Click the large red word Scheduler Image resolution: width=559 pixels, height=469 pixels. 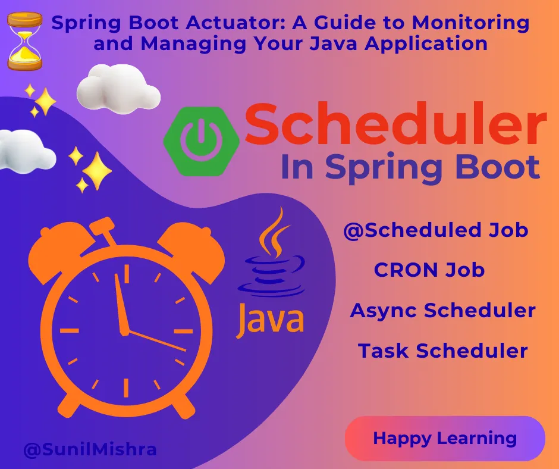tap(395, 124)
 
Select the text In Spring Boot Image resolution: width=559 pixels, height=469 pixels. tap(410, 167)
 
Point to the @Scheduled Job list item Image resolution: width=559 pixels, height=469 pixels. tap(436, 230)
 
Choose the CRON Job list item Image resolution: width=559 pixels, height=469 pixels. tap(429, 270)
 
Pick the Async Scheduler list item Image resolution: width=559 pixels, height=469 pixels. tap(442, 311)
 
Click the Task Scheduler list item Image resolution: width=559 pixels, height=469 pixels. tap(442, 351)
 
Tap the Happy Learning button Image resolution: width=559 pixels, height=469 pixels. tap(444, 439)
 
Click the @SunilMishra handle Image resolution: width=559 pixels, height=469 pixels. tap(90, 449)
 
